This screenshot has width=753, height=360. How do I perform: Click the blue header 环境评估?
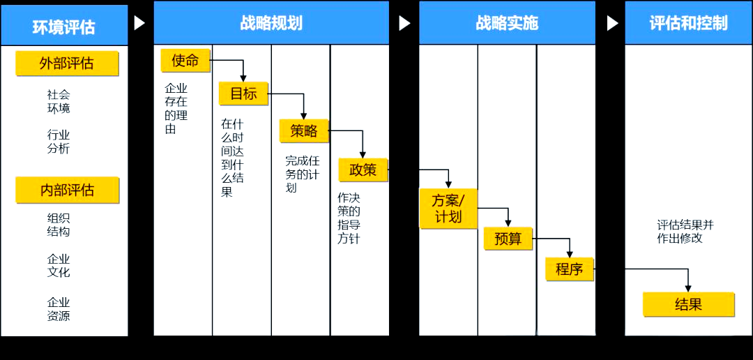click(x=63, y=27)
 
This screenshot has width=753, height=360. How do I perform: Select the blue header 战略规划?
click(x=271, y=22)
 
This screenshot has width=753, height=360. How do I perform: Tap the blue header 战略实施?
click(x=507, y=22)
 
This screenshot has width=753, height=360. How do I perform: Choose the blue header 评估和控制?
click(x=688, y=22)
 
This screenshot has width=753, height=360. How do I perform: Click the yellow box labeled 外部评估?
click(x=67, y=63)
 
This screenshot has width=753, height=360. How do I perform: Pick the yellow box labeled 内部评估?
click(x=67, y=190)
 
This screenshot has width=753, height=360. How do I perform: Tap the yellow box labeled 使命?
click(x=185, y=61)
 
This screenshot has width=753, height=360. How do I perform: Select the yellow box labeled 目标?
click(x=243, y=93)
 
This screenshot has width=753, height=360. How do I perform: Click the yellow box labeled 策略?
click(x=304, y=130)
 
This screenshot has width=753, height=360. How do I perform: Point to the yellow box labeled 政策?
click(x=363, y=170)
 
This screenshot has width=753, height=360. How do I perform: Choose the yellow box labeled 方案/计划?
click(x=448, y=208)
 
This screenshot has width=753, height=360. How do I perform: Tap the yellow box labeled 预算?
click(x=508, y=238)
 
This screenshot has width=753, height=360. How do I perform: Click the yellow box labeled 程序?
click(x=569, y=269)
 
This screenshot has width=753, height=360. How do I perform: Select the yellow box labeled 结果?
click(x=688, y=304)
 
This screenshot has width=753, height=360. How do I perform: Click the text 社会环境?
click(x=59, y=101)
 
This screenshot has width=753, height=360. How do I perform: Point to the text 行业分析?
click(x=59, y=141)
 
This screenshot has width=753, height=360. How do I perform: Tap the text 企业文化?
click(x=59, y=265)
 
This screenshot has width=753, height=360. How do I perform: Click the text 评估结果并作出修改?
click(x=685, y=231)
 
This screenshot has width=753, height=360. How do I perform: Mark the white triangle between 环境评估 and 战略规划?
click(x=139, y=23)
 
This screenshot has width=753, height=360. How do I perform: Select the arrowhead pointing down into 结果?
click(x=688, y=287)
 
